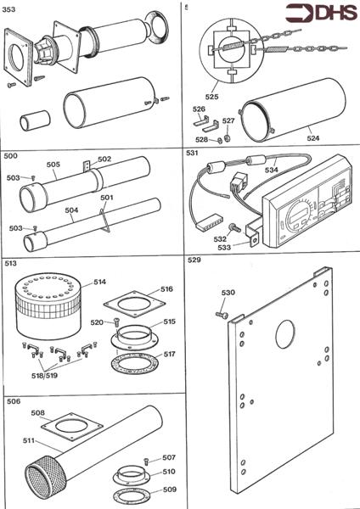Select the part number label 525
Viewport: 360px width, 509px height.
(x=235, y=97)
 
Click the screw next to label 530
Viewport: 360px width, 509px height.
(x=222, y=314)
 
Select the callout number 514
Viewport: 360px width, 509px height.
(x=99, y=281)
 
